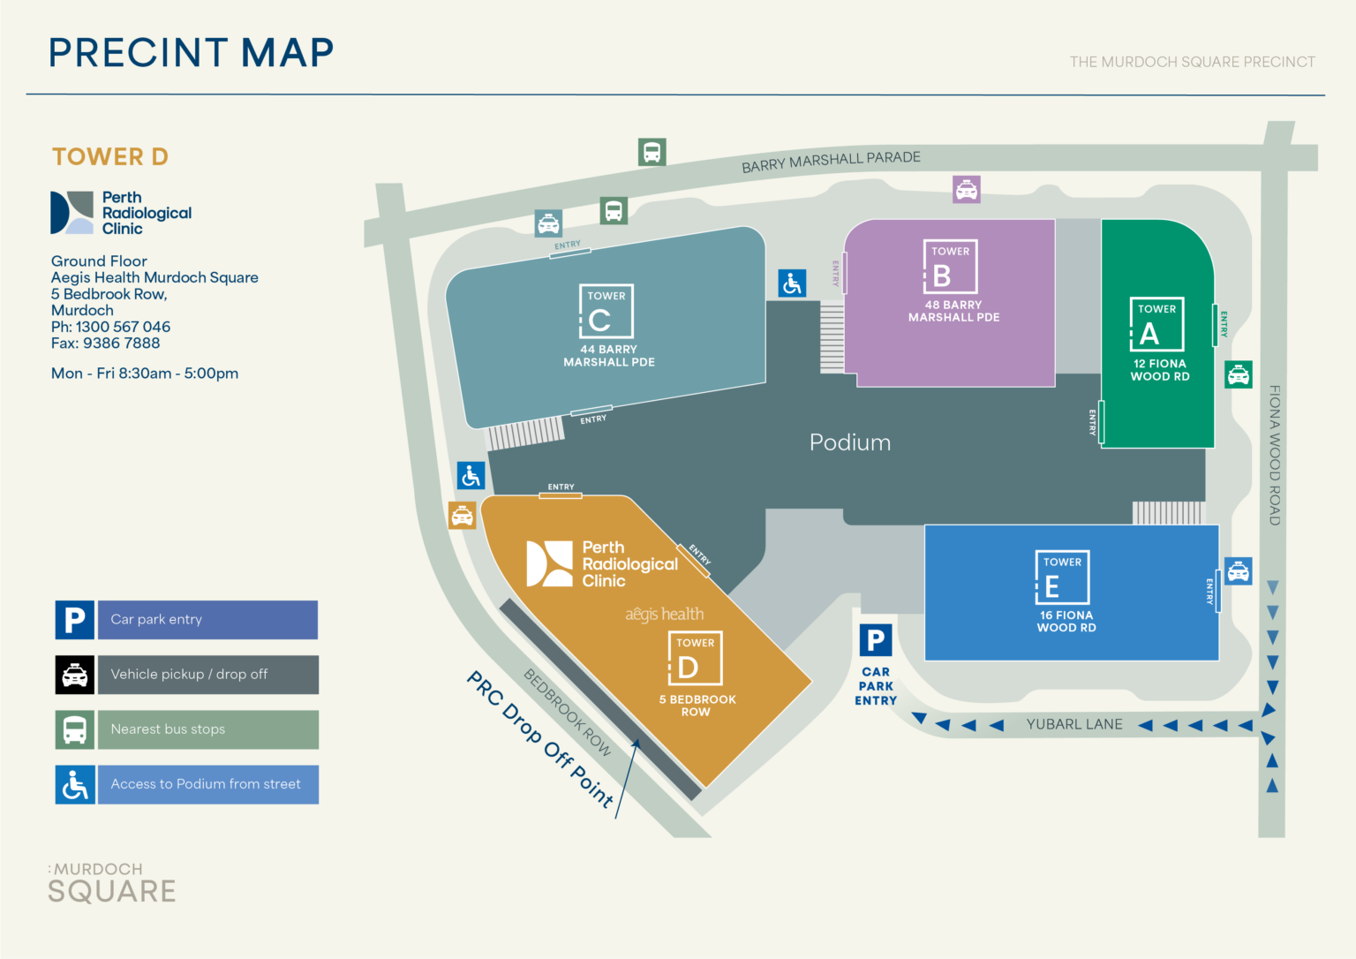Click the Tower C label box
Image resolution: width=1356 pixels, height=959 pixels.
tap(606, 311)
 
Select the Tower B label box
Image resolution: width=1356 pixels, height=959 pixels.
tap(950, 267)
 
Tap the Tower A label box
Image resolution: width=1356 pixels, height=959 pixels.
tap(1156, 324)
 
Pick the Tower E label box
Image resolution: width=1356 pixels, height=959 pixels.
tap(1062, 577)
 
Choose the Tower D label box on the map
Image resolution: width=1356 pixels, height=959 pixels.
tap(695, 659)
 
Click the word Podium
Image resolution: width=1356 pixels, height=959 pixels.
tap(849, 442)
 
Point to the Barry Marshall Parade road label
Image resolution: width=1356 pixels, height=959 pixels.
tap(831, 162)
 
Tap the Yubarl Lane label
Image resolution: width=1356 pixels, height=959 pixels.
tap(1074, 724)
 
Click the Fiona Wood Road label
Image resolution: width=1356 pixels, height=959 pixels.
tap(1274, 455)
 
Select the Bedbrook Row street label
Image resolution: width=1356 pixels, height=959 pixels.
tap(568, 712)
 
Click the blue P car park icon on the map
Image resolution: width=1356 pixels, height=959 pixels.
tap(876, 640)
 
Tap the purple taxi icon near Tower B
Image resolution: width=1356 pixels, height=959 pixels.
tap(967, 189)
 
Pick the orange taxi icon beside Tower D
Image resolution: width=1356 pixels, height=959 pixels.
tap(462, 515)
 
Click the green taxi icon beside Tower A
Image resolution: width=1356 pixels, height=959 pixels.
tap(1239, 374)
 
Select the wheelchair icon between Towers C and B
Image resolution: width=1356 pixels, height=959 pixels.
tap(792, 283)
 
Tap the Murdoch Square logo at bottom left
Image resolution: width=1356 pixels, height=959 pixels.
tap(112, 883)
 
